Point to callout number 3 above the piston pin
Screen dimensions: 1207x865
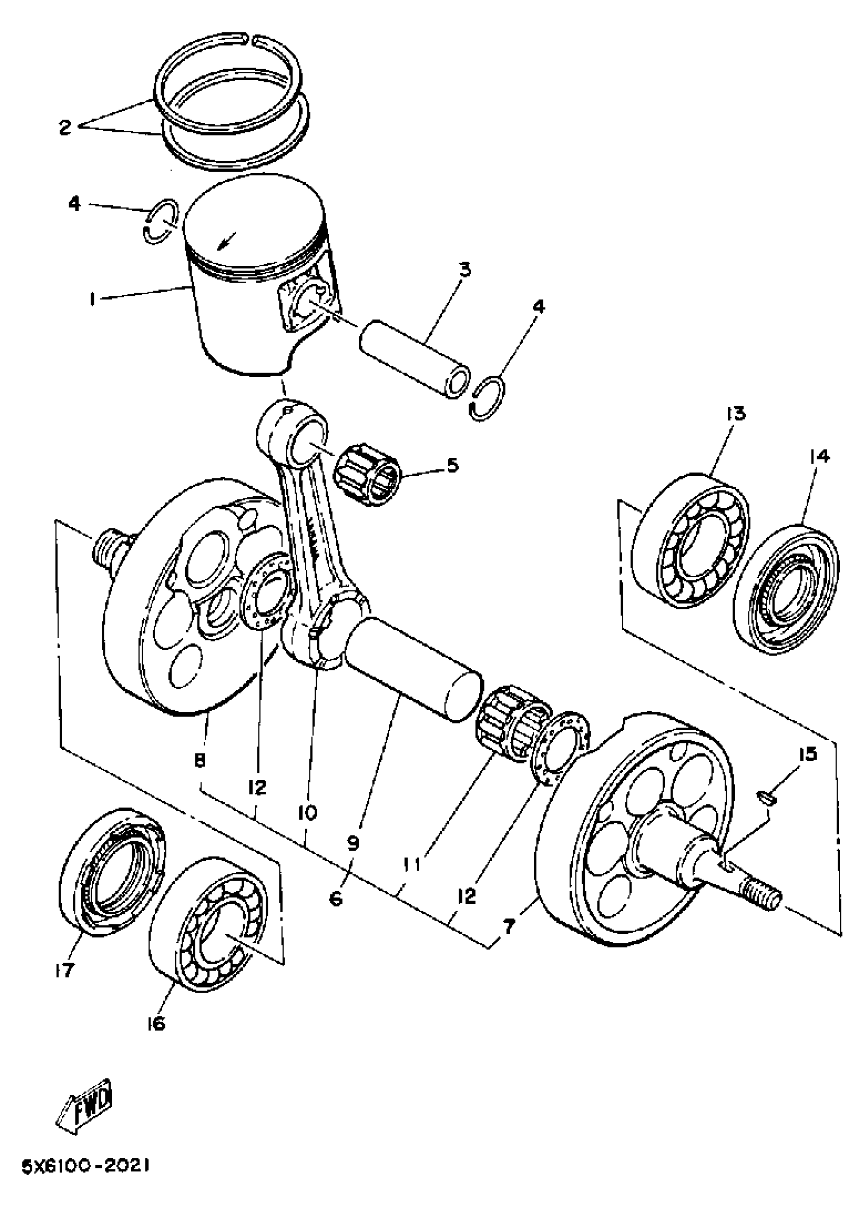click(464, 269)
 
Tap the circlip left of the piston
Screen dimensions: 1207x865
click(160, 221)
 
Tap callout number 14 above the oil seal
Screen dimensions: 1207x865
click(819, 456)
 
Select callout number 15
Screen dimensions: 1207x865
click(808, 754)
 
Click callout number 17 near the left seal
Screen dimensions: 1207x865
click(63, 971)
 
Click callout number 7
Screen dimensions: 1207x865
click(509, 927)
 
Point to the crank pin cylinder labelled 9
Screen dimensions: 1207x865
click(412, 667)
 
